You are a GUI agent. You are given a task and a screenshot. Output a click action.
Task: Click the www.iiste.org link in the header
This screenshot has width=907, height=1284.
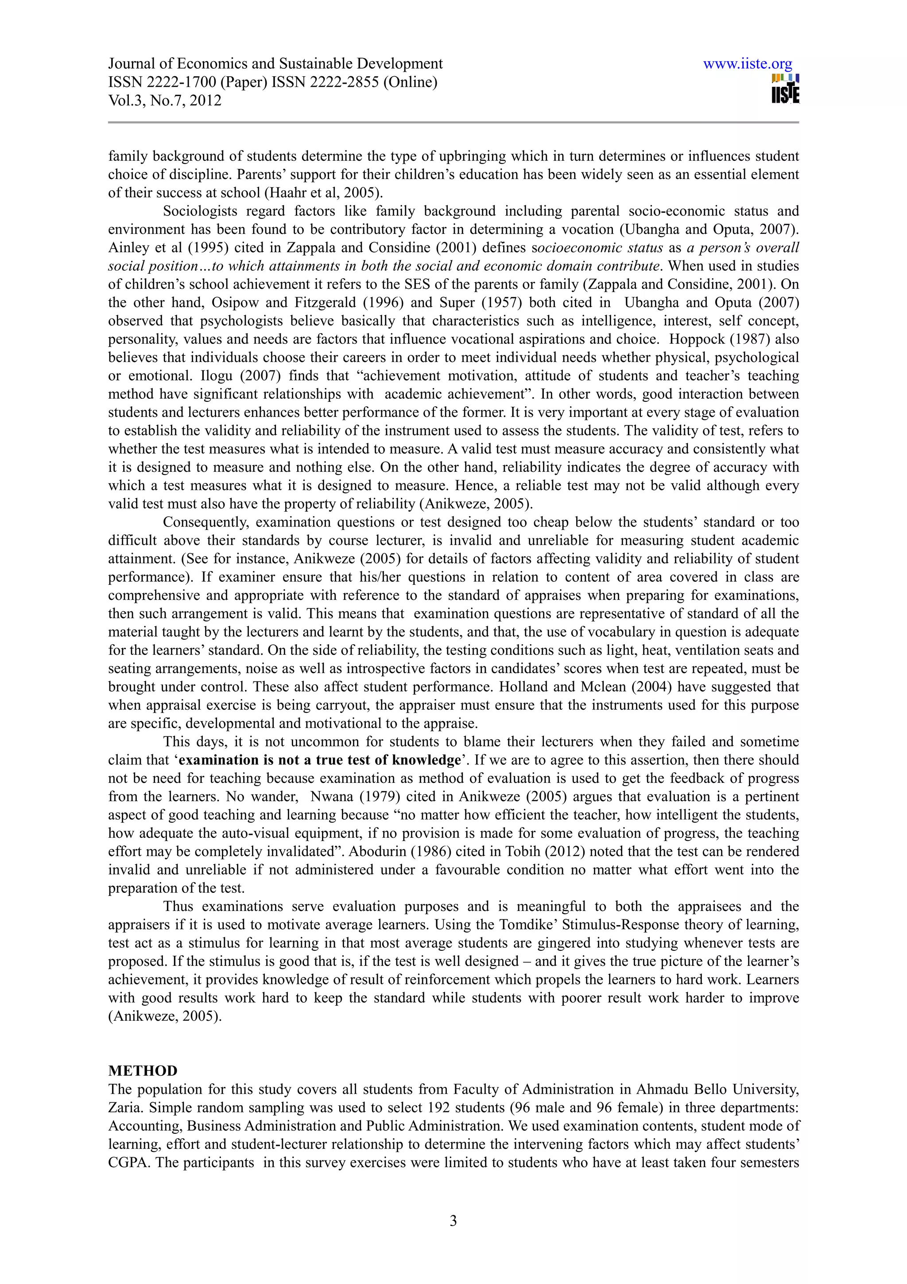tap(747, 64)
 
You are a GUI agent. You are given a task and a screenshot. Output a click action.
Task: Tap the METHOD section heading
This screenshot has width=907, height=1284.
tap(143, 1070)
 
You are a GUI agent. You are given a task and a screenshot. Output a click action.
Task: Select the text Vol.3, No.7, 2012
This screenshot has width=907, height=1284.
tap(164, 101)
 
